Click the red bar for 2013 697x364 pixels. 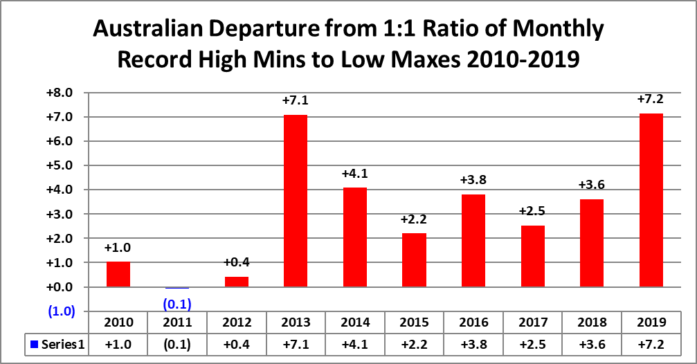click(295, 201)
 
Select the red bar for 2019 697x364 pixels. click(651, 200)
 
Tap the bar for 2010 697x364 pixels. click(118, 274)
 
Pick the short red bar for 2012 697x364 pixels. click(236, 282)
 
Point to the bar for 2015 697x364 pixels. click(414, 260)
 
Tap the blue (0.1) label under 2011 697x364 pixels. click(176, 303)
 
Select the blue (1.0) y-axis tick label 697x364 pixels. click(62, 311)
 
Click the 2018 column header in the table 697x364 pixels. click(592, 322)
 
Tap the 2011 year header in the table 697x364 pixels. click(176, 322)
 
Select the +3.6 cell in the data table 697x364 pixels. click(592, 344)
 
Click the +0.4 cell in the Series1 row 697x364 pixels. click(236, 344)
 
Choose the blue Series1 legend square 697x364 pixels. click(33, 344)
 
